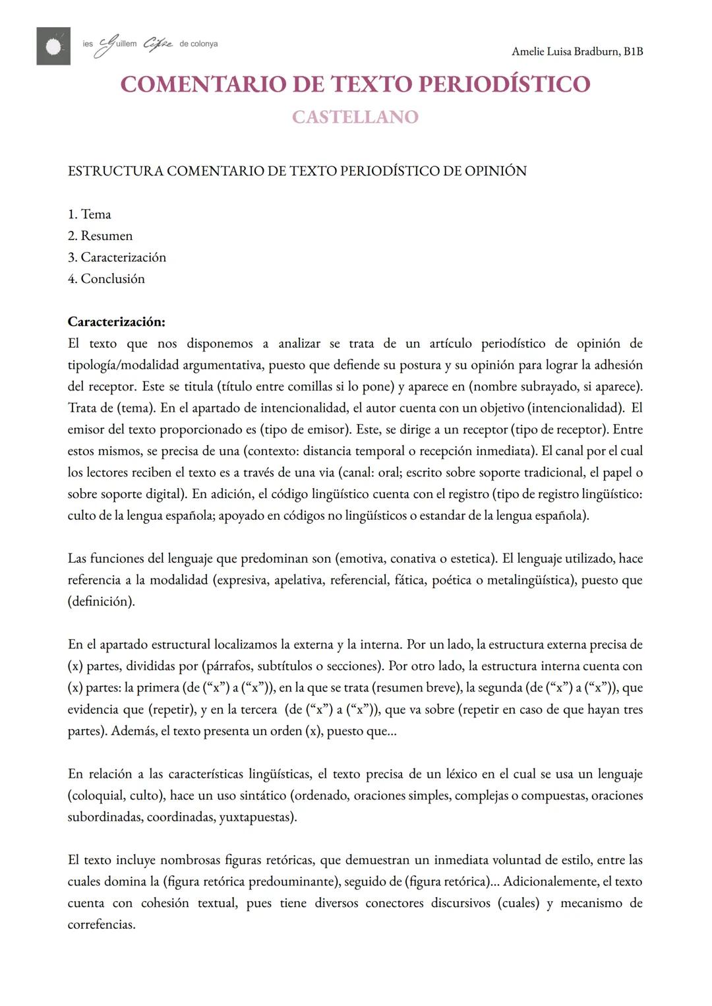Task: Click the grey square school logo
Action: pos(53,46)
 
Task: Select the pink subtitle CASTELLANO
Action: pos(355,117)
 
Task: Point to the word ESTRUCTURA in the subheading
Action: pos(115,172)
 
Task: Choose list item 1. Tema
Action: pos(90,214)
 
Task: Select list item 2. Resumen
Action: pos(100,236)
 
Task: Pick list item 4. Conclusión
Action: pos(106,279)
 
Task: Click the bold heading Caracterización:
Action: pos(116,322)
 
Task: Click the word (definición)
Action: pos(101,602)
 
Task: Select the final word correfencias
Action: pos(101,925)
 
